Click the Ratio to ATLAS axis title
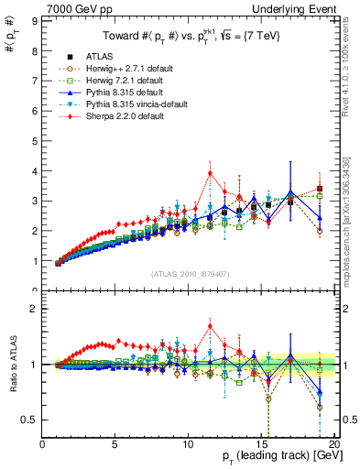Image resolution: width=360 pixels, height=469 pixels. [x=13, y=364]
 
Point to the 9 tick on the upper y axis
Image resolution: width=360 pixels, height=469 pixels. [x=36, y=24]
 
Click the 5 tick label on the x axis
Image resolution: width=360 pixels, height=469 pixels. [x=115, y=444]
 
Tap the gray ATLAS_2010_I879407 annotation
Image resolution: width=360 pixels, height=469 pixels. [x=190, y=272]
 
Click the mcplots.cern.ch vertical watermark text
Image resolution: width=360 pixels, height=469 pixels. [x=351, y=220]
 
